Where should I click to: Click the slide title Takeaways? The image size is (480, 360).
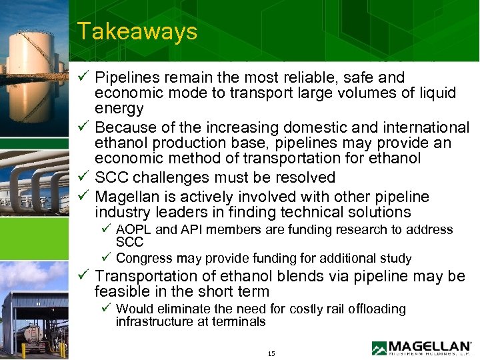[x=137, y=31]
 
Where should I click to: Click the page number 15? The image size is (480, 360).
[x=271, y=353]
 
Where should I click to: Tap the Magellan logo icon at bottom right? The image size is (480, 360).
[x=379, y=348]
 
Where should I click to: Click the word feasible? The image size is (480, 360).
[x=122, y=291]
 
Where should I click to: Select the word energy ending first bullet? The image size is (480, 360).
[x=119, y=109]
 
